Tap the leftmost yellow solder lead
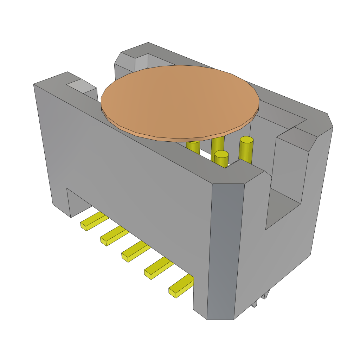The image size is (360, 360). click(x=93, y=221)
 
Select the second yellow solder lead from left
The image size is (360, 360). click(x=114, y=236)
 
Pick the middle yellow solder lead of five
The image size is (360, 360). click(x=136, y=251)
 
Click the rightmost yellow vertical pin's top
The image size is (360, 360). click(x=246, y=140)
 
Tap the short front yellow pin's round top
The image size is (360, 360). click(x=221, y=154)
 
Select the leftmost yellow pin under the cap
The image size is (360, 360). click(x=193, y=146)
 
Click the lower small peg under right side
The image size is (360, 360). click(x=254, y=304)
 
